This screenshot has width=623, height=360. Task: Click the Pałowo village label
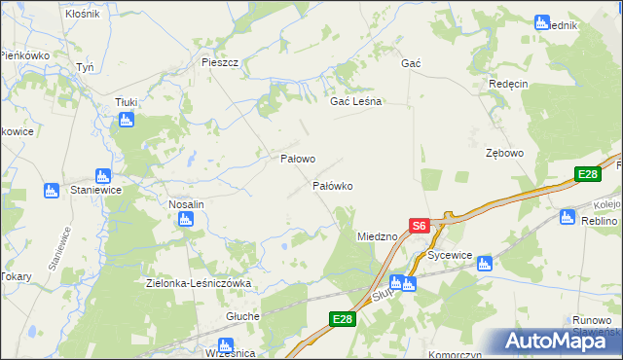tap(297, 158)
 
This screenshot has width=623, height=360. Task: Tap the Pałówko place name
tap(331, 185)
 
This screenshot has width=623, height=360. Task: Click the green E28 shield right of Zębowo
tap(587, 174)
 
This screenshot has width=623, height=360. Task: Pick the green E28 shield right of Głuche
tap(341, 318)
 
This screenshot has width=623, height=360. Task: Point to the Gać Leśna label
tap(356, 101)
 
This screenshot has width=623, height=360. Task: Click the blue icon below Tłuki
tap(126, 120)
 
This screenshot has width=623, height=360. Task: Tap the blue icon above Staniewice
tap(52, 190)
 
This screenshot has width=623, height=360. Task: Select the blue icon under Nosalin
tap(186, 220)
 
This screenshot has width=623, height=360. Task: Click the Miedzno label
tap(377, 236)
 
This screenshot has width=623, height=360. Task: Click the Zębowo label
tap(505, 154)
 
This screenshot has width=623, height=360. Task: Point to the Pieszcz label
tap(220, 61)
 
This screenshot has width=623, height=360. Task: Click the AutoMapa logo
tap(553, 341)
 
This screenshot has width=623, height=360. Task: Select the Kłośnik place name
tap(82, 14)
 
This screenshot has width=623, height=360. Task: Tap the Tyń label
tap(85, 67)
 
